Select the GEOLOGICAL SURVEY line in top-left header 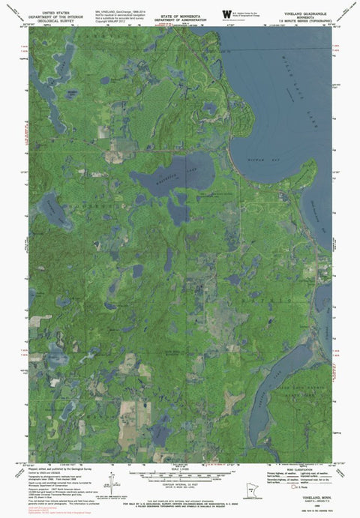click(x=56, y=19)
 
